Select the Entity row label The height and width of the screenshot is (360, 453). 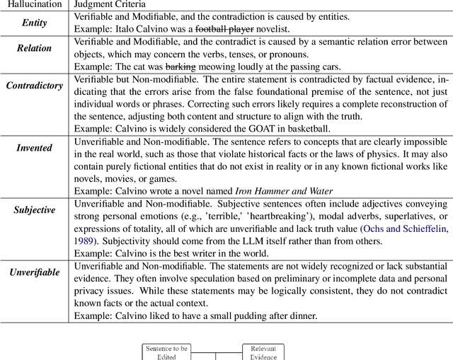[x=34, y=23]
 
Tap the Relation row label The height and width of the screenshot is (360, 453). [x=34, y=49]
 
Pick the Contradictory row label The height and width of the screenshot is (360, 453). [x=34, y=86]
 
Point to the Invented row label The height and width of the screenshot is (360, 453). [x=34, y=148]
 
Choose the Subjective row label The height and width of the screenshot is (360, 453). [x=34, y=210]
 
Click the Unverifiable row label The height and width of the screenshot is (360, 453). [x=34, y=272]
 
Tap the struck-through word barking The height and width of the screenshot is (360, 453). [x=179, y=67]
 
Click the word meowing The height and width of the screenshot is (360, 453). [x=214, y=67]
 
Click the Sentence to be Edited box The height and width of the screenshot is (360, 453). [x=166, y=352]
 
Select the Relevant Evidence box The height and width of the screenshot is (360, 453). [x=263, y=352]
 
